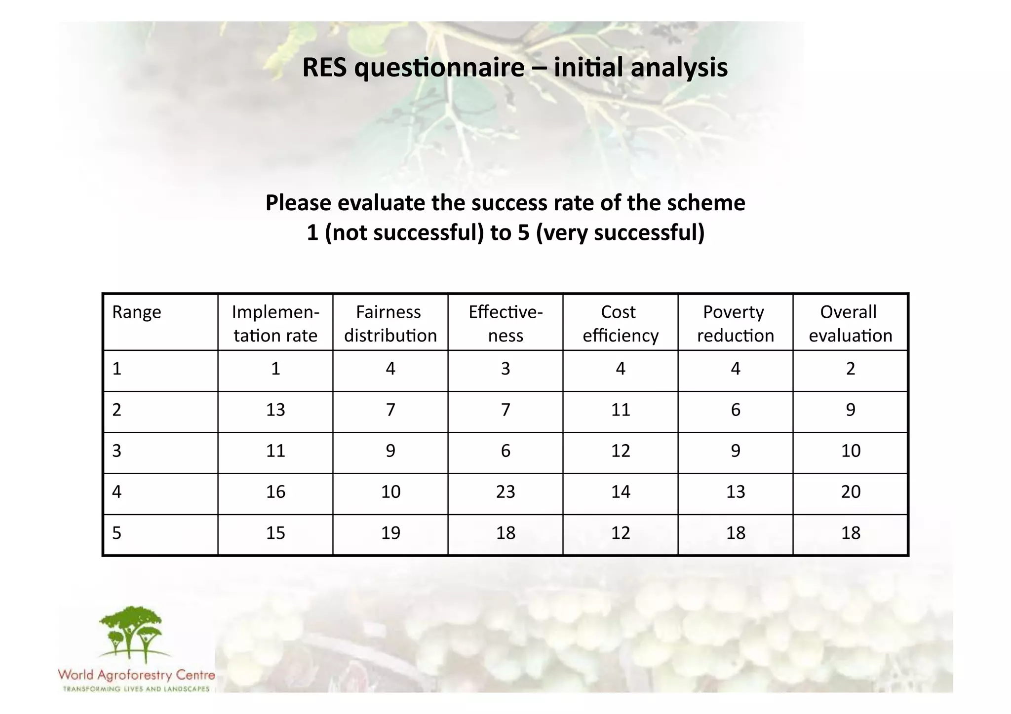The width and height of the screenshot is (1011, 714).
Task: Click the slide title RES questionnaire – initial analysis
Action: click(514, 68)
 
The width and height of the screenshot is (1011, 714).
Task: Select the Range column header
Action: click(137, 312)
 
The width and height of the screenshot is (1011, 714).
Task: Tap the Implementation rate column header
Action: click(275, 324)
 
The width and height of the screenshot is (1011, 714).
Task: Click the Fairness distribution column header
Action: click(390, 324)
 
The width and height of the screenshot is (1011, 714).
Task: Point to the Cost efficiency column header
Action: click(620, 324)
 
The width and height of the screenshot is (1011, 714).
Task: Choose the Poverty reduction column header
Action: click(735, 324)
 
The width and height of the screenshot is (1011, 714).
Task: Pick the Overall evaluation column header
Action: click(850, 324)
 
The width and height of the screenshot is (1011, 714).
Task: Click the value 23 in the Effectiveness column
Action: click(505, 492)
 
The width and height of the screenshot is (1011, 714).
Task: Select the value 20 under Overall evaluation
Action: click(851, 492)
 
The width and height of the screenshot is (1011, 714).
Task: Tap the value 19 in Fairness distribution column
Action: click(390, 533)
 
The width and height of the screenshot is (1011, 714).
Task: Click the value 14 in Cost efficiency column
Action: click(621, 492)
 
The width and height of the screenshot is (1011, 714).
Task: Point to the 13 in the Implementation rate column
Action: click(275, 410)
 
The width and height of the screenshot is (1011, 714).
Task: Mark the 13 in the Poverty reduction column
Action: click(736, 492)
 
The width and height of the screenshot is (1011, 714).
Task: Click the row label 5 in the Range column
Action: click(117, 533)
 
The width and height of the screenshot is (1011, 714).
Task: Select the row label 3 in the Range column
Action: click(117, 451)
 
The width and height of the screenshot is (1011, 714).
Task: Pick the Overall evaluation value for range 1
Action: click(851, 369)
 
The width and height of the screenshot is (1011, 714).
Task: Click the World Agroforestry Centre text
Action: click(136, 675)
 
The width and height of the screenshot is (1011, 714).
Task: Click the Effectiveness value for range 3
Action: click(505, 451)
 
